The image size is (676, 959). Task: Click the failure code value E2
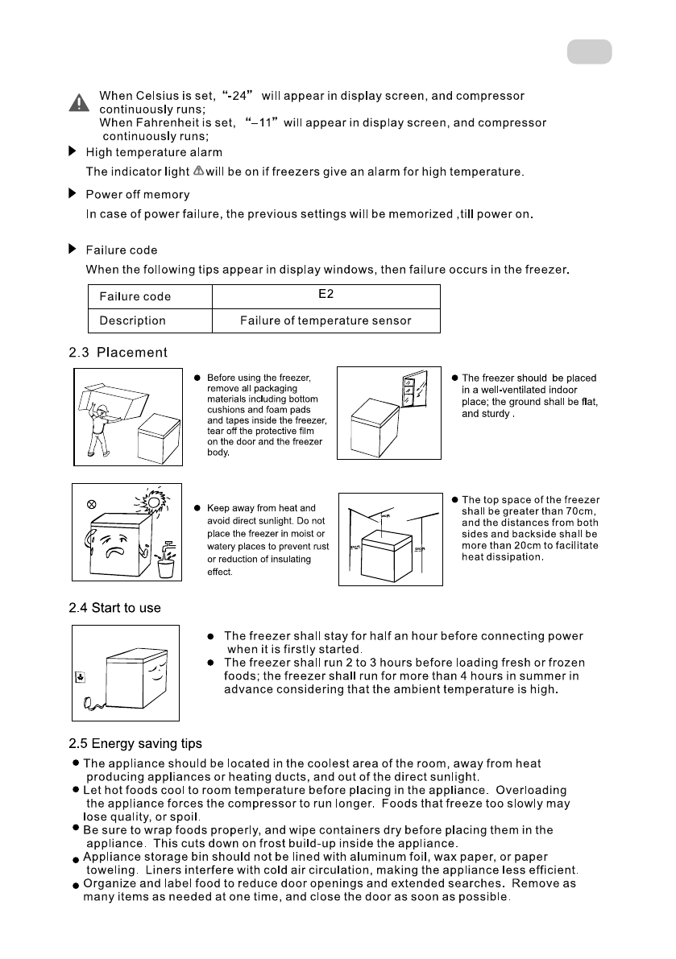(326, 295)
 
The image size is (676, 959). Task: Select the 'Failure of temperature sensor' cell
(326, 320)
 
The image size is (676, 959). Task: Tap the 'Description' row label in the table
(132, 320)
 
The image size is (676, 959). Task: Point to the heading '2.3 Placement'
(119, 352)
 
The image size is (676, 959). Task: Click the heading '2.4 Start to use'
(114, 608)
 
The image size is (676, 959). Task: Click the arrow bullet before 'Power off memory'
(73, 194)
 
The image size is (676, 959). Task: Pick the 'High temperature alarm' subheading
(154, 152)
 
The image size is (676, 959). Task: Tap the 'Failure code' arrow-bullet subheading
(122, 250)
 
